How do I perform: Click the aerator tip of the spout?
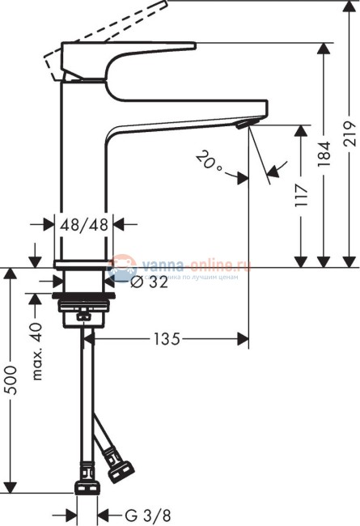[x=244, y=124]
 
